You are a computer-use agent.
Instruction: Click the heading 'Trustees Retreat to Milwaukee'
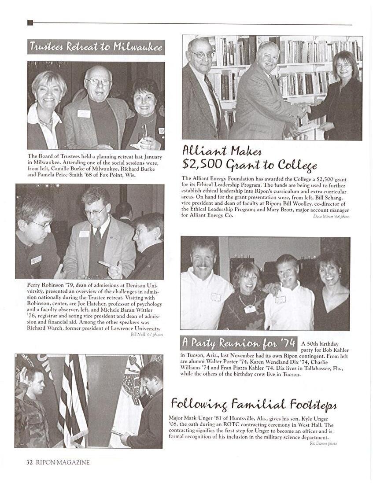96,47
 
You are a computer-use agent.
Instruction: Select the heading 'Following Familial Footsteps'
254,404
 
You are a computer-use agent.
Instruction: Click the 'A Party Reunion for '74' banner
238,343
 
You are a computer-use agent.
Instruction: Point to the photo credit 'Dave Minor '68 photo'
331,216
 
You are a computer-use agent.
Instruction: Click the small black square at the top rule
30,23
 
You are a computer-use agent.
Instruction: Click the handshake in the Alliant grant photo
303,109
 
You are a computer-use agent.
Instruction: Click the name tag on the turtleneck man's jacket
84,114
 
